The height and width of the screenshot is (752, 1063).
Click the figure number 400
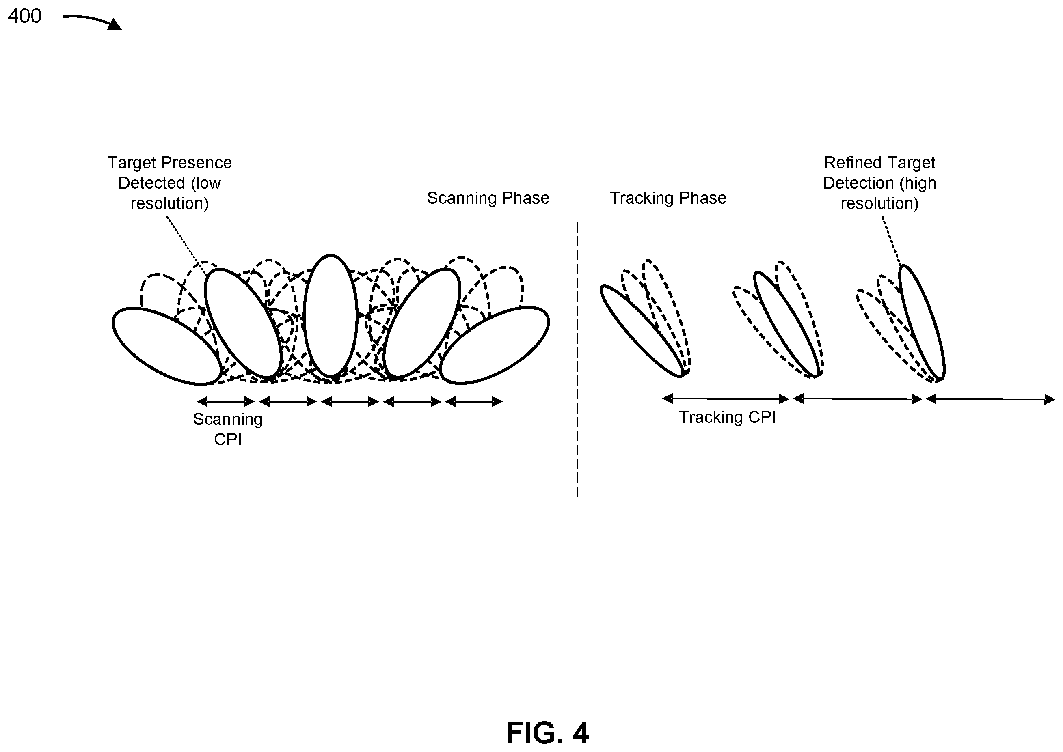[x=24, y=16]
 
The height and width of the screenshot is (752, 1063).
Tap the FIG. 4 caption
[x=547, y=733]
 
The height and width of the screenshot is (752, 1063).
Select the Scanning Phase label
[x=488, y=198]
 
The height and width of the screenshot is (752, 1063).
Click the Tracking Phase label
[x=668, y=198]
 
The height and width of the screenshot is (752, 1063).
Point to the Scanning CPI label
[x=228, y=429]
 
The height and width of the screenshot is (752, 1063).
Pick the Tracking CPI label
[x=727, y=417]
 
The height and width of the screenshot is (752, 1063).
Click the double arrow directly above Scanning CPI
[x=226, y=401]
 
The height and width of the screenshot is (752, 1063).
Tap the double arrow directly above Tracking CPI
[x=726, y=399]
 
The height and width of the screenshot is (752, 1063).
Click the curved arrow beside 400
[x=92, y=21]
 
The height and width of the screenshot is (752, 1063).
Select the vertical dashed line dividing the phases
[x=577, y=359]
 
